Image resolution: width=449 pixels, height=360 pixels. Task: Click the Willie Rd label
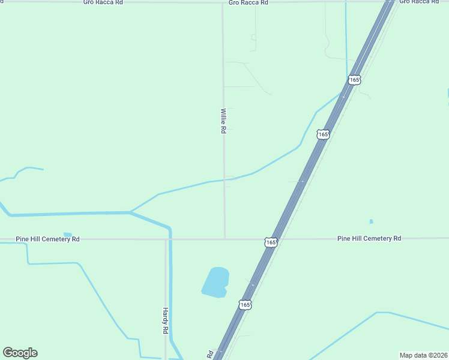coord(223,121)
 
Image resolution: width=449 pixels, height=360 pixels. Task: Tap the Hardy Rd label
coord(165,321)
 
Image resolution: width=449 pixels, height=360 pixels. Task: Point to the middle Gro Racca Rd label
coord(248,2)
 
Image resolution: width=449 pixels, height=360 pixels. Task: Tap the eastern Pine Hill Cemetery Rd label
coord(369,238)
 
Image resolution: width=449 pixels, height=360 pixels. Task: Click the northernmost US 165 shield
coord(354,80)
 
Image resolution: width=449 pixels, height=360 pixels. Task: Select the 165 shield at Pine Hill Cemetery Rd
coord(271,242)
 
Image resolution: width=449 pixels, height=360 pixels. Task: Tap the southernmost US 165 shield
coord(244,305)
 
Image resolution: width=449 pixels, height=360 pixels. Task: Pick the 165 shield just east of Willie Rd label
coord(323,134)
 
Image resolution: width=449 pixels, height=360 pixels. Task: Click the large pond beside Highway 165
coord(216,282)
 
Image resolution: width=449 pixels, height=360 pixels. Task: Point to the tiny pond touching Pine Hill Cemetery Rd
coord(68,235)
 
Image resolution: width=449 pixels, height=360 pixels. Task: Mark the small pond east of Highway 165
coord(371,221)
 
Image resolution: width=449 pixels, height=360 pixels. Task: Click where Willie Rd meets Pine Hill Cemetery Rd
coord(224,239)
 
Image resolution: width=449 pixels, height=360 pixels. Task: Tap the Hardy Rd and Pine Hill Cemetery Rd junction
coord(166,239)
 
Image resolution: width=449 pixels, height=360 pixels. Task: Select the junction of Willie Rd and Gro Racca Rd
coord(223,3)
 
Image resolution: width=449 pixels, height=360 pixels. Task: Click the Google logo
coord(20,353)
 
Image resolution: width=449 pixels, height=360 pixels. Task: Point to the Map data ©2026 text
coord(423,355)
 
